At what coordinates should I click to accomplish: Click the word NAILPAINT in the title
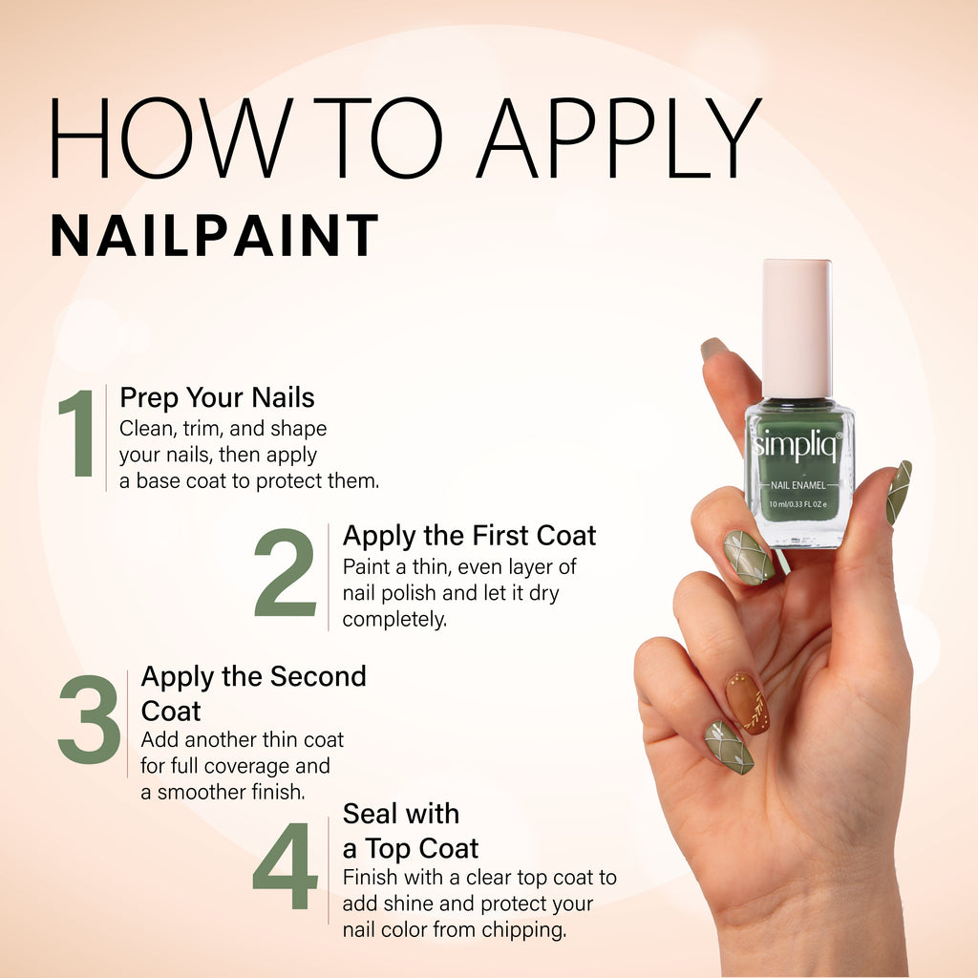point(214,237)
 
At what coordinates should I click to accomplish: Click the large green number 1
point(78,435)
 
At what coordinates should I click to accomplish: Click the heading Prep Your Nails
point(217,396)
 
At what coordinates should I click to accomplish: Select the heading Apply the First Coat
point(469,535)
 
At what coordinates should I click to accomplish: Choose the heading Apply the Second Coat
point(253,693)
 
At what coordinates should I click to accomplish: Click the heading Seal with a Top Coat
point(410,831)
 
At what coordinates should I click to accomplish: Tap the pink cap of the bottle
point(797,328)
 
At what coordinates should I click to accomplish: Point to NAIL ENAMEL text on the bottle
point(798,485)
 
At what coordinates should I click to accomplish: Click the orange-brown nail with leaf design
point(747,703)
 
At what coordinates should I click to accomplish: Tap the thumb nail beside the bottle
point(898,491)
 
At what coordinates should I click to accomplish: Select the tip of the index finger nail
point(712,350)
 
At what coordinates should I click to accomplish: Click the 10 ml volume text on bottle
point(798,503)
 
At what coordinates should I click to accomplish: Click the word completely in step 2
point(394,620)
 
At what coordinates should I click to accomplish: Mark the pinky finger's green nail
point(730,747)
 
